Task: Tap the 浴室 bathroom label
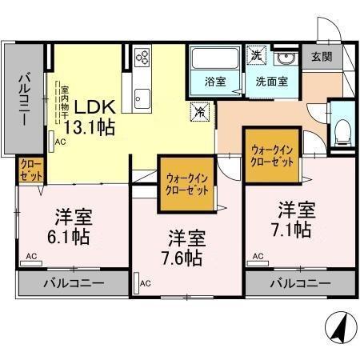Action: click(x=214, y=81)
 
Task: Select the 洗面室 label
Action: click(x=271, y=81)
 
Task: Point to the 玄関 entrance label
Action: click(x=322, y=56)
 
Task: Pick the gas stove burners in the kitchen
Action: click(x=142, y=58)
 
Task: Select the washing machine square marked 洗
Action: click(x=256, y=56)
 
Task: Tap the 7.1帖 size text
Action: click(x=294, y=230)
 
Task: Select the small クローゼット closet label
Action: click(x=31, y=171)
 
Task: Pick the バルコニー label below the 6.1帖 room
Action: click(x=73, y=283)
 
